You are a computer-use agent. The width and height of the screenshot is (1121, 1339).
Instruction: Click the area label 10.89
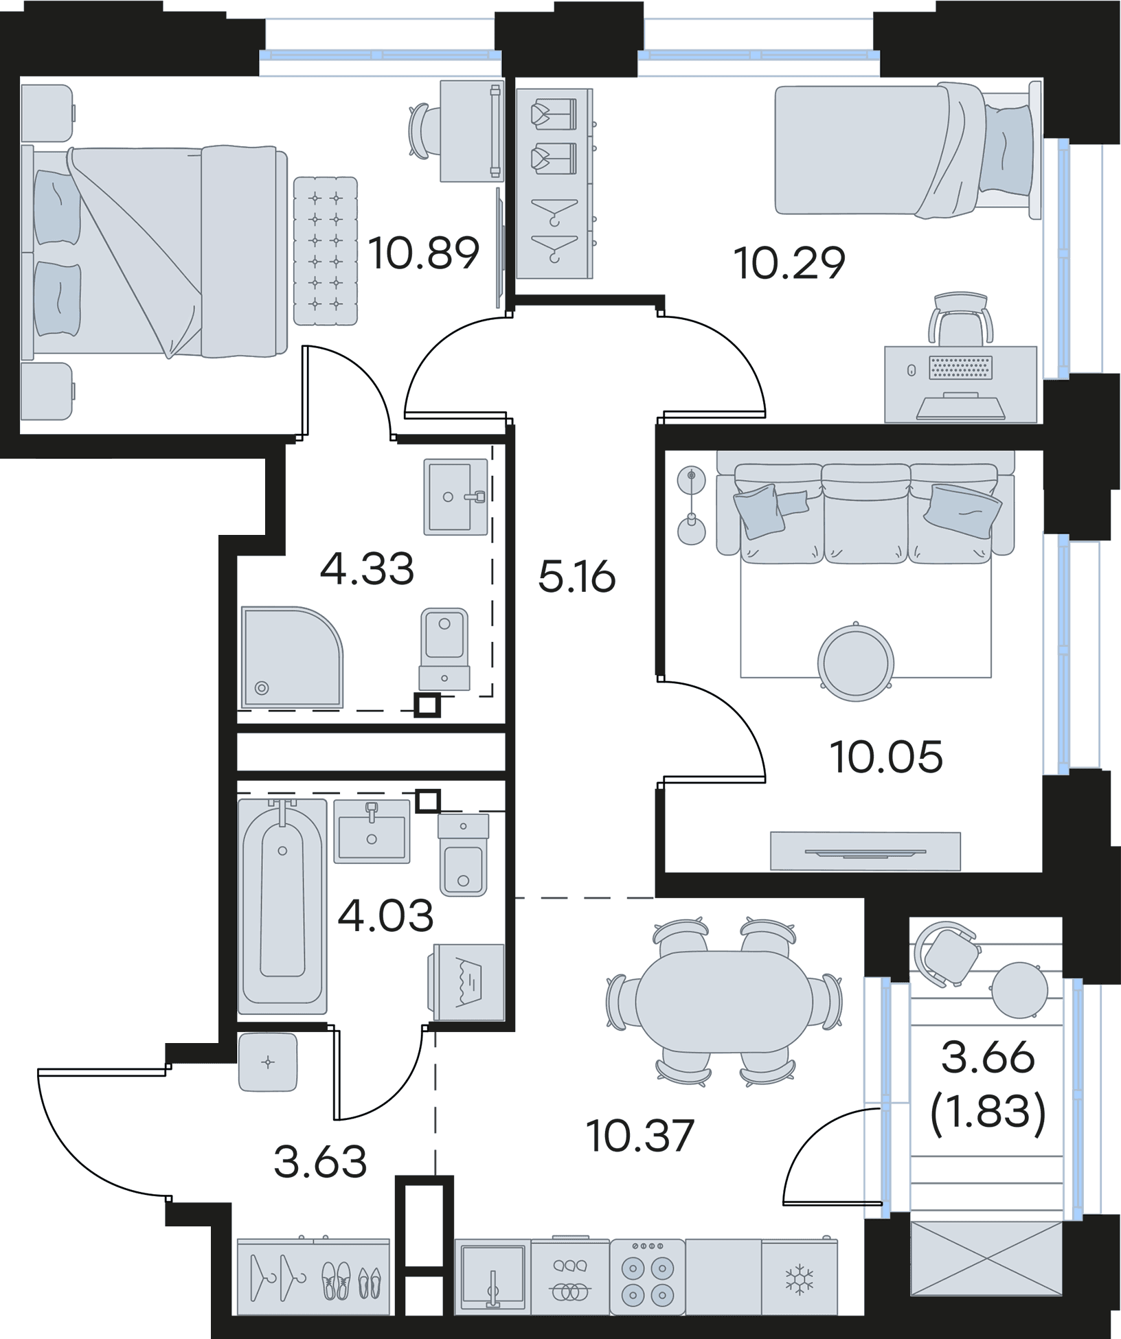[422, 253]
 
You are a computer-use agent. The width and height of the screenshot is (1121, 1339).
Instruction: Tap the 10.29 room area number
[789, 263]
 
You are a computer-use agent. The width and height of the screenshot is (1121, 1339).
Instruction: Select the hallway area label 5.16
[576, 577]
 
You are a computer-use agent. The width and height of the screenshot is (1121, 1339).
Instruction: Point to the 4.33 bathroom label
[367, 569]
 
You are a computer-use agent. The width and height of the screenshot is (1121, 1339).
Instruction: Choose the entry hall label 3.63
[320, 1161]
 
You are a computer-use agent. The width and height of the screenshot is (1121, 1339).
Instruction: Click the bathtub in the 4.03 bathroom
[282, 906]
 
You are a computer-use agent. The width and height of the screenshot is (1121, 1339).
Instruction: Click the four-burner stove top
[647, 1281]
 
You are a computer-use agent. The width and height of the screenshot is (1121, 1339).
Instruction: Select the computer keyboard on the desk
[961, 368]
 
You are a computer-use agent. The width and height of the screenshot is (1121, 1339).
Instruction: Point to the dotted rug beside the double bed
[326, 251]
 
